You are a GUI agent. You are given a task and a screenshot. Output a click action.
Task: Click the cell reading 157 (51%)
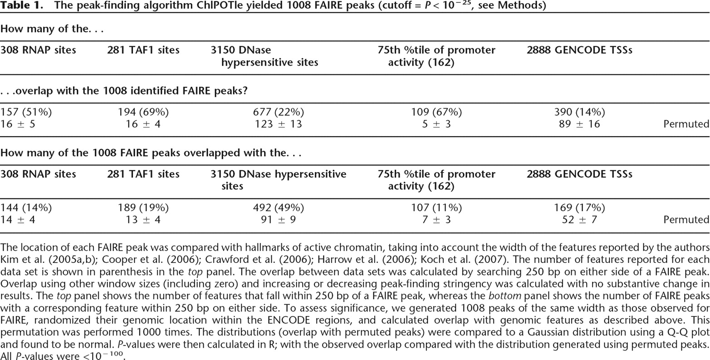(26, 112)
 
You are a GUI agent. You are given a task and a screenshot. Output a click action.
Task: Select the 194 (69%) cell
(143, 112)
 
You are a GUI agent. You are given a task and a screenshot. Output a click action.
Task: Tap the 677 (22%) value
(278, 112)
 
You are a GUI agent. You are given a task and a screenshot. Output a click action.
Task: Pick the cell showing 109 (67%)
(436, 112)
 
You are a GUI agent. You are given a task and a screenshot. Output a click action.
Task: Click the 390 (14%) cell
(579, 112)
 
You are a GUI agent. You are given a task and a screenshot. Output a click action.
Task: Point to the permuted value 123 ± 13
(278, 124)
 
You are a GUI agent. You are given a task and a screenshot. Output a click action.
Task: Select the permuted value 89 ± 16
(579, 124)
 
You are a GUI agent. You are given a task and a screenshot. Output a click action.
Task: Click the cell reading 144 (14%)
(26, 207)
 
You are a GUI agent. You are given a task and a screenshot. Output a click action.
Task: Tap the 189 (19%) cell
(143, 207)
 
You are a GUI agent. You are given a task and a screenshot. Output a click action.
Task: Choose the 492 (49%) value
(278, 207)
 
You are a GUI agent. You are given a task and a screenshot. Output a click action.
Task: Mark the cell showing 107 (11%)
(436, 207)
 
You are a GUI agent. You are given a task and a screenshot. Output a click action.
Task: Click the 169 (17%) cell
(579, 207)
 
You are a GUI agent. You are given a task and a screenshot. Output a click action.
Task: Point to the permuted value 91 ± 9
(278, 220)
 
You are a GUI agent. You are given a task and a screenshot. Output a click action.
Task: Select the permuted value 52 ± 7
(579, 220)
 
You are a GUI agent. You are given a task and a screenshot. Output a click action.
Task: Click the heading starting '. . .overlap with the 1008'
(124, 91)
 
